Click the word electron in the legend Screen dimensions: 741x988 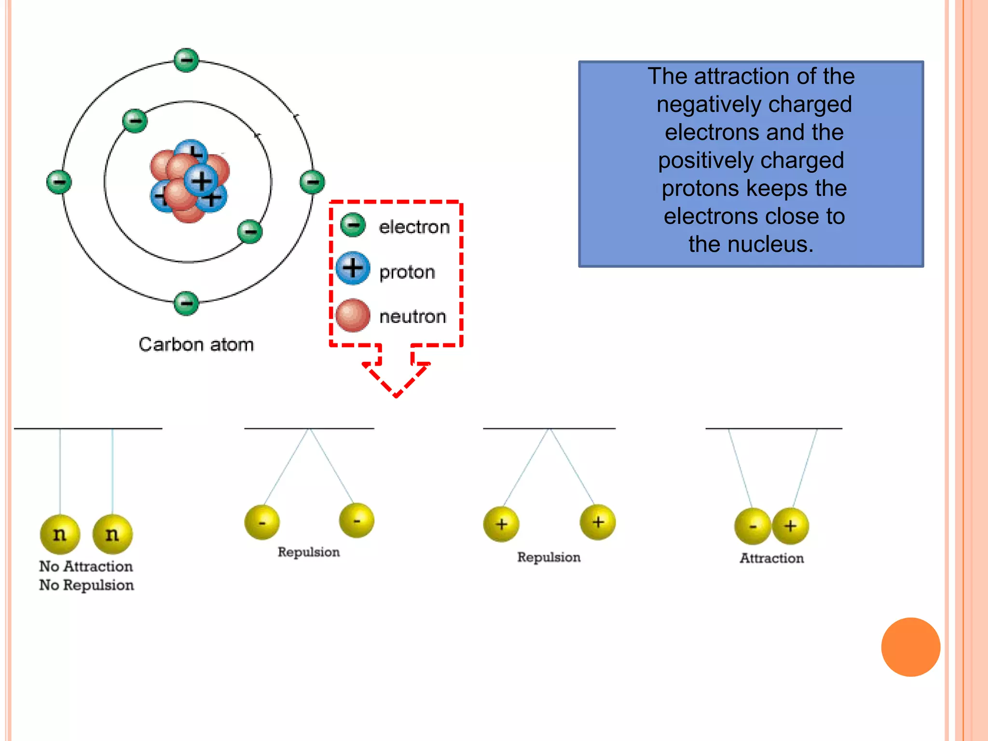pos(414,227)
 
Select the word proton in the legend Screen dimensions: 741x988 pos(407,272)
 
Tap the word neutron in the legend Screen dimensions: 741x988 pos(412,316)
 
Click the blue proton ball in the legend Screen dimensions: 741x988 pos(353,268)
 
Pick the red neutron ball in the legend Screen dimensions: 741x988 pos(353,315)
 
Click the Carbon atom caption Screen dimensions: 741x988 pos(196,344)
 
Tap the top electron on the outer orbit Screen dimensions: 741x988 pos(186,60)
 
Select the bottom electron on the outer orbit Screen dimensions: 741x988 pos(186,303)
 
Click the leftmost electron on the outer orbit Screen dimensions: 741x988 pos(59,182)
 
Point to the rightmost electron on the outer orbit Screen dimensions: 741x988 pos(312,182)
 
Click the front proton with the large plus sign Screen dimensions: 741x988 pos(201,181)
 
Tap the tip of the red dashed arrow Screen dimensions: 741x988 pos(396,396)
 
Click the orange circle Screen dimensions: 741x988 pos(910,647)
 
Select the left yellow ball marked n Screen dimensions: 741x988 pos(60,534)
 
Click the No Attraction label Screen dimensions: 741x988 pos(86,566)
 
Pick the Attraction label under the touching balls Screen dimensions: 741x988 pos(771,558)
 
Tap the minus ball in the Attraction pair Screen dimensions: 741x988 pos(752,526)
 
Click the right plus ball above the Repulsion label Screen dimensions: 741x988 pos(598,522)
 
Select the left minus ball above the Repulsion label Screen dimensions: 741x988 pos(262,522)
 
